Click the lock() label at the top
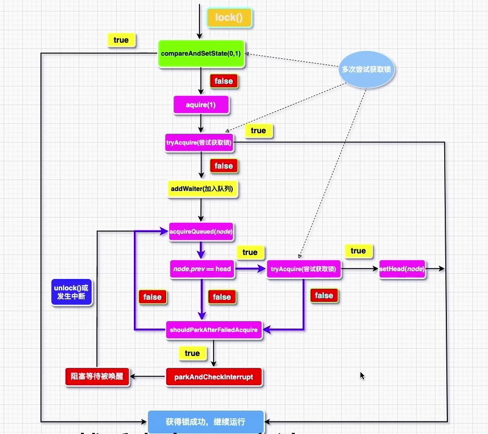230,18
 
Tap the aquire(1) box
201,105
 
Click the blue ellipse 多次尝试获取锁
366,68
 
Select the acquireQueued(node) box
201,231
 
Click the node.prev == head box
202,269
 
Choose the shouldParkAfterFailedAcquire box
213,329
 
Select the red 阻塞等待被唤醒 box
97,376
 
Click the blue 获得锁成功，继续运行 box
205,422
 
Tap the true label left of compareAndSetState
121,40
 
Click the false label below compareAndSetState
223,81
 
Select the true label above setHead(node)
358,251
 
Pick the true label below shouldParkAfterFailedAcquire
192,353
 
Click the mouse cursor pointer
362,375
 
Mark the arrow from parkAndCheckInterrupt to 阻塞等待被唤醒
148,377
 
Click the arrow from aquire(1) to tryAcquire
201,125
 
